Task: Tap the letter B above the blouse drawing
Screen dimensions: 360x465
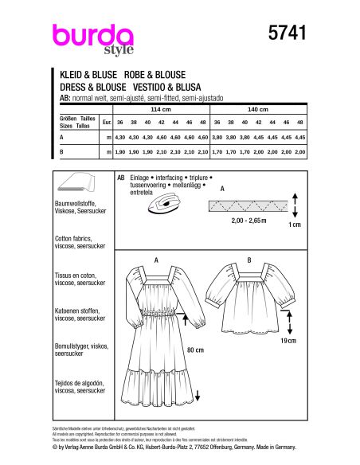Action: click(x=249, y=260)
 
